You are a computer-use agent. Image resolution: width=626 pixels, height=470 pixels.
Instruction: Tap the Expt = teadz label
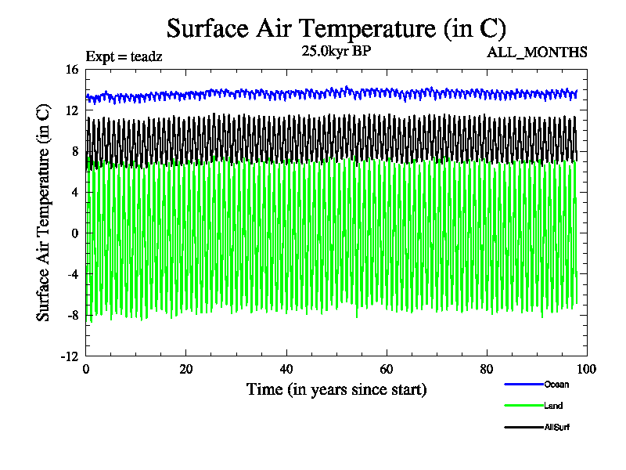124,56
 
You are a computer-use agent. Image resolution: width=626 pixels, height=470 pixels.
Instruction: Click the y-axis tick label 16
71,70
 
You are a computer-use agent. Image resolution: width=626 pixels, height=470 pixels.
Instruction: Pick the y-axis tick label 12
71,110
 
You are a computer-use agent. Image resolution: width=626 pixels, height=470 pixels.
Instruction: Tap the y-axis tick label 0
75,233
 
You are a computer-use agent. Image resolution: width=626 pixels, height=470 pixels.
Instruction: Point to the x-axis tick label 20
186,370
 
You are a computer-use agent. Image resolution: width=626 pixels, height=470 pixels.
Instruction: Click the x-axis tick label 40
286,370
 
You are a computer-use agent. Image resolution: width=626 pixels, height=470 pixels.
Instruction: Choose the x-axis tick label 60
387,370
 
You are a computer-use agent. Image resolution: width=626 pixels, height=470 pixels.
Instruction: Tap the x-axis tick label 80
487,370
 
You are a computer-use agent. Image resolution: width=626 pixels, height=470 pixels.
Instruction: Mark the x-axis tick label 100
587,370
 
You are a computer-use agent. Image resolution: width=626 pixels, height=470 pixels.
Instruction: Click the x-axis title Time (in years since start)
336,389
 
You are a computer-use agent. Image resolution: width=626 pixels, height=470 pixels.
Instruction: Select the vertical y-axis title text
44,212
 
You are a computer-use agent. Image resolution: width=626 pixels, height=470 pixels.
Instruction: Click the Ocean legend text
556,384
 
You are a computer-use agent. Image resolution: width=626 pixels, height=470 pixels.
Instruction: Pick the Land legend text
553,406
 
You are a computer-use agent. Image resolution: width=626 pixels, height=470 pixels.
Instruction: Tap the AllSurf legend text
557,427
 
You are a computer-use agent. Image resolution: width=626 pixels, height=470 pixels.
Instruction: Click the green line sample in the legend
523,406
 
